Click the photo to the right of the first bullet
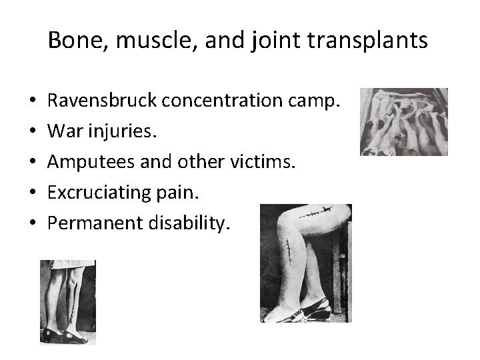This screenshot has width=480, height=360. coord(403,121)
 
